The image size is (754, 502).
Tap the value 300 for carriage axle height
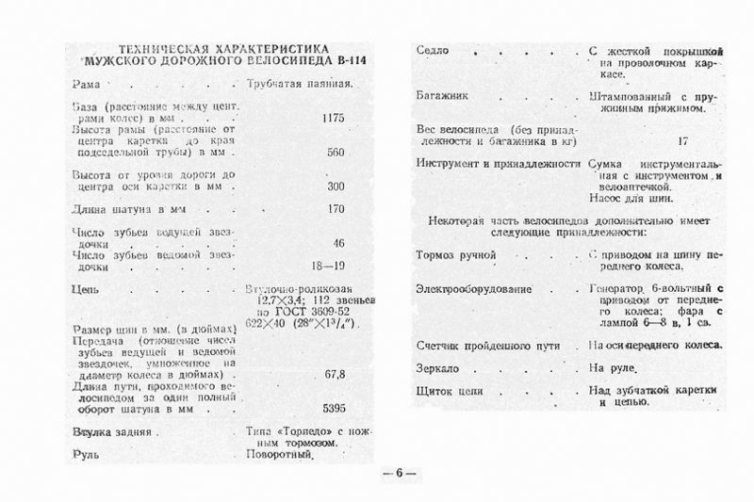click(x=335, y=186)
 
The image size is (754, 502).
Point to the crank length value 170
click(x=335, y=209)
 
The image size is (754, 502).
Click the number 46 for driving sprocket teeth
click(x=337, y=242)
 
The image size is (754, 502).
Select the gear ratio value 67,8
click(x=334, y=374)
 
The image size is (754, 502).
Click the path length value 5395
click(x=335, y=409)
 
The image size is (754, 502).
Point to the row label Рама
click(x=86, y=84)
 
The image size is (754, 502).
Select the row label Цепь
click(x=86, y=290)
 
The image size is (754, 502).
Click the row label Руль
click(x=85, y=453)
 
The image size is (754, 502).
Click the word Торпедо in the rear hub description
click(x=291, y=430)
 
